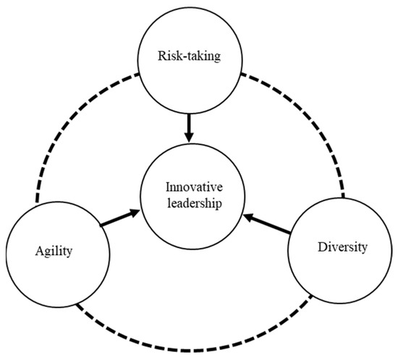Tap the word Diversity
click(342, 247)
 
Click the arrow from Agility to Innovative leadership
click(119, 219)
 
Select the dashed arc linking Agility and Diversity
click(195, 339)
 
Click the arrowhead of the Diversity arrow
click(248, 215)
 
